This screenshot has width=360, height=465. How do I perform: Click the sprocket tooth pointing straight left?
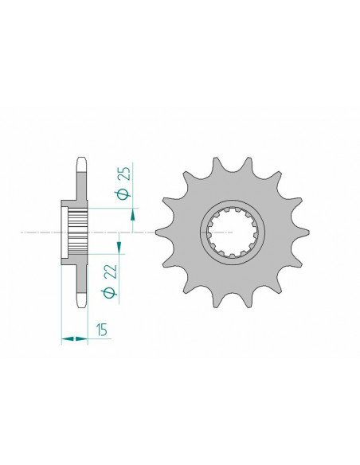162,232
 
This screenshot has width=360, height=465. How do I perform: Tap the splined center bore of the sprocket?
232,232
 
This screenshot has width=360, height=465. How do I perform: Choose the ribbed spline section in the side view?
78,232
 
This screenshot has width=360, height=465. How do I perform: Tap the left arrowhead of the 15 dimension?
66,339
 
